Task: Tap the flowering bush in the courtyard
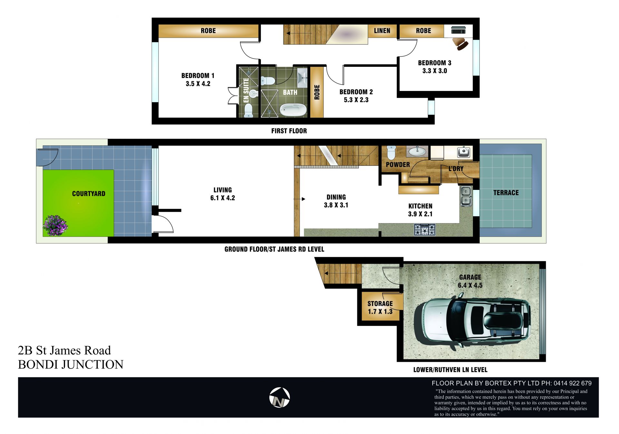tap(55, 225)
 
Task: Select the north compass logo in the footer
tap(280, 397)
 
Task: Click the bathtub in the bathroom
tap(293, 110)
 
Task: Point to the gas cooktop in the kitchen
tap(425, 229)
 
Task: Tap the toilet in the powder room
tap(391, 153)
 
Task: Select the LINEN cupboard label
tap(382, 31)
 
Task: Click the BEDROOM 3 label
tap(435, 63)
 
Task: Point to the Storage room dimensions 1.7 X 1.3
tap(380, 311)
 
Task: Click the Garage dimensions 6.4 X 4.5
tap(470, 285)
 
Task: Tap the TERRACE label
tap(506, 193)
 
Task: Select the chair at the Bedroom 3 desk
tap(460, 44)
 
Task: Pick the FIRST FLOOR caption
tap(289, 131)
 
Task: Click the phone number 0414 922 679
tap(573, 383)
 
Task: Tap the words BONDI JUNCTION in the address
tap(71, 364)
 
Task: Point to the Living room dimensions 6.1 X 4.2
tap(222, 198)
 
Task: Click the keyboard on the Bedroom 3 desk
tap(458, 30)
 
